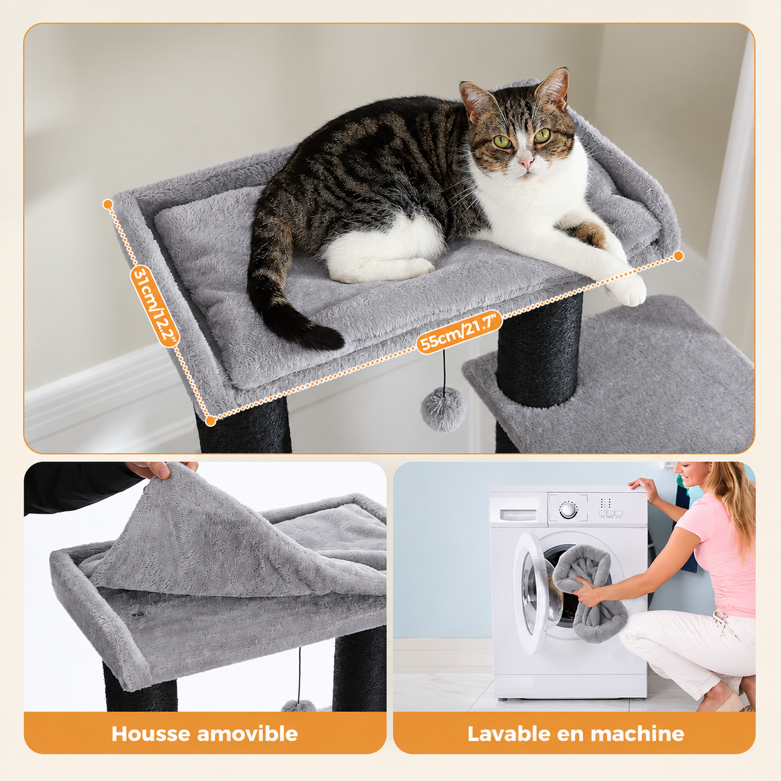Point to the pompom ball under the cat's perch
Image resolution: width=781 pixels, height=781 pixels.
pos(443,409)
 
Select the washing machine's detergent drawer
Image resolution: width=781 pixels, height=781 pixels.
pos(518,514)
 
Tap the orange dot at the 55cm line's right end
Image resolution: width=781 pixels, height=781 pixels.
pos(679,256)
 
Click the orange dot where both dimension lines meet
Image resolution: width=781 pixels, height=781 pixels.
pos(210,420)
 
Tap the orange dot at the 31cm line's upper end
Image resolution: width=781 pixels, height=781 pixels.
pos(108,204)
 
